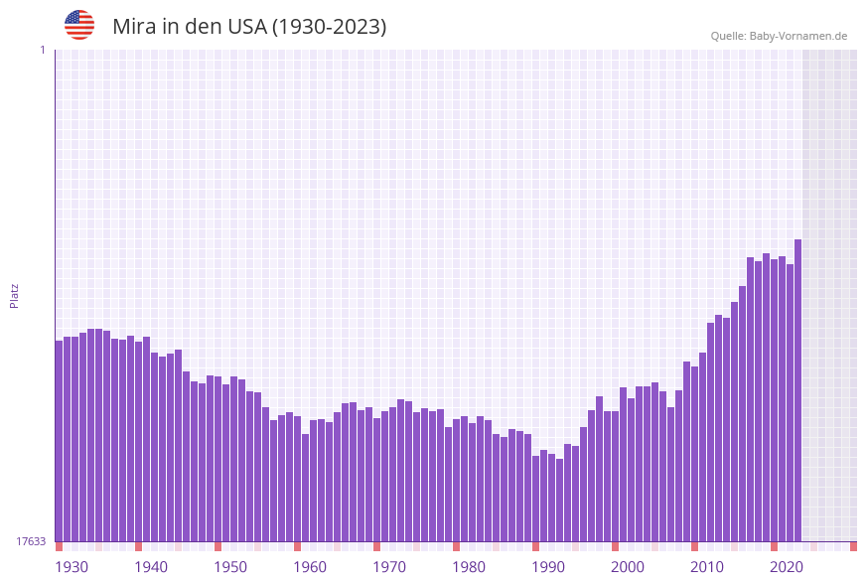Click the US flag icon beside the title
[79, 25]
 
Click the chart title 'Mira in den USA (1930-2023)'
[249, 27]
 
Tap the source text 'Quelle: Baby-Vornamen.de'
[779, 36]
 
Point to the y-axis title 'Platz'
[14, 295]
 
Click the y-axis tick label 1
[42, 50]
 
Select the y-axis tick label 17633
[31, 541]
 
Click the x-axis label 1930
[72, 567]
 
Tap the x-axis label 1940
[151, 567]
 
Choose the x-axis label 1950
[230, 567]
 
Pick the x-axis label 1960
[310, 567]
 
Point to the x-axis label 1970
[389, 567]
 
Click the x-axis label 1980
[469, 567]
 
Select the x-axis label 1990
[548, 567]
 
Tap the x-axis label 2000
[628, 567]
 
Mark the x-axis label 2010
[707, 567]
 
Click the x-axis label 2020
[787, 567]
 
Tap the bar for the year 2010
[702, 447]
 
